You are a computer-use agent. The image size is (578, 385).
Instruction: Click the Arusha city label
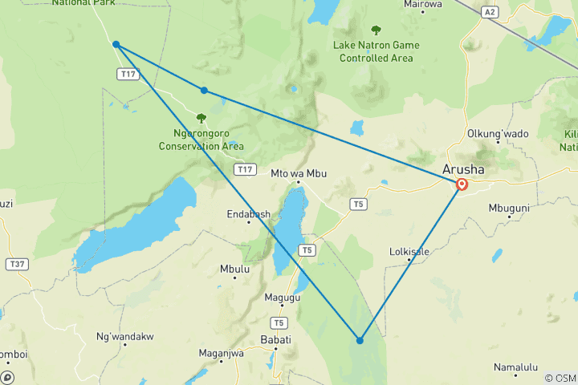(464, 170)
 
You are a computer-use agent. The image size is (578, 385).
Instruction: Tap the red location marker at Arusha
(462, 184)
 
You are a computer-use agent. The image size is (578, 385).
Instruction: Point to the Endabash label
(248, 214)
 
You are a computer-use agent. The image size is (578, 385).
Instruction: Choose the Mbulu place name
(234, 269)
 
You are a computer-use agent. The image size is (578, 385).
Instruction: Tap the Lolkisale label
(409, 251)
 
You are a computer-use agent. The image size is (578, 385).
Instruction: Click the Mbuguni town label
(509, 208)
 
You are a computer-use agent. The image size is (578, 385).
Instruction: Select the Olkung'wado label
(498, 133)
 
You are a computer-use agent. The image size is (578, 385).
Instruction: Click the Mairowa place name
(424, 4)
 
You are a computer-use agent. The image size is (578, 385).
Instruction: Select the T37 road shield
(15, 264)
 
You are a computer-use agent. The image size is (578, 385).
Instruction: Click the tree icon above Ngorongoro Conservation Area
(201, 118)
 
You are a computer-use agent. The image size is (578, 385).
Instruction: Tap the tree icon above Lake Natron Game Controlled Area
(376, 30)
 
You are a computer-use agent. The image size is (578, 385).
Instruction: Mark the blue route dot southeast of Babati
(360, 340)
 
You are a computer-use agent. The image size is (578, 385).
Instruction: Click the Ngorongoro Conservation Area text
(201, 140)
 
